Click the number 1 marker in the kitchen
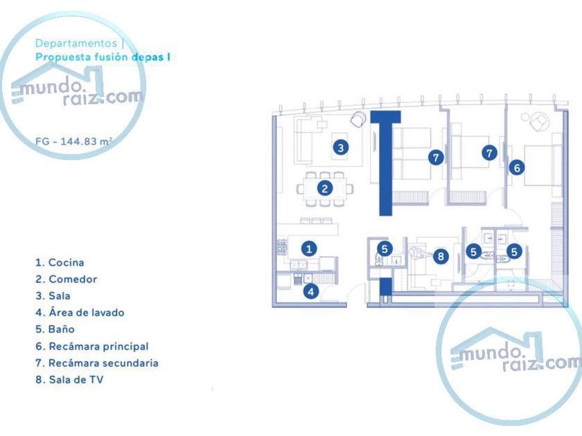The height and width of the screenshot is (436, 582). point(310,248)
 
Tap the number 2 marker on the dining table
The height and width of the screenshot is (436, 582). point(325,188)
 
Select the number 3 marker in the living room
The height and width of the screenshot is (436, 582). point(339,147)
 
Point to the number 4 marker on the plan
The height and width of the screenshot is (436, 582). point(311,291)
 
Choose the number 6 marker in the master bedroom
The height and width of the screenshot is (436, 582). point(516,167)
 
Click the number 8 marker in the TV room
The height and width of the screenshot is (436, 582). point(441,256)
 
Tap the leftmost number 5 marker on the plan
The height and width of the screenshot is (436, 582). point(385,248)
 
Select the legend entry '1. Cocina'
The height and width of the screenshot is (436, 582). point(60,263)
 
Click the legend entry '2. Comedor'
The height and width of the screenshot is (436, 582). point(66,280)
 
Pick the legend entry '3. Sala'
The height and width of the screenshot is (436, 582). point(53,296)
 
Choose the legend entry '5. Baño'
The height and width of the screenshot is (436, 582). point(55,329)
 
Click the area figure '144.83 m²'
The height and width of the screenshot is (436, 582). point(87,140)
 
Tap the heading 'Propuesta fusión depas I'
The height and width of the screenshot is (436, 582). point(103,57)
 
